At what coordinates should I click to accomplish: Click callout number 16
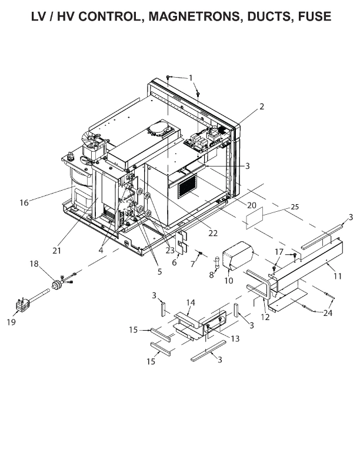click(x=24, y=202)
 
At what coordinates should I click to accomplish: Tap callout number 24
click(x=327, y=313)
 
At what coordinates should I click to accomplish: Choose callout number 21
click(x=56, y=251)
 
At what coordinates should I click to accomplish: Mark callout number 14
click(x=190, y=302)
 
